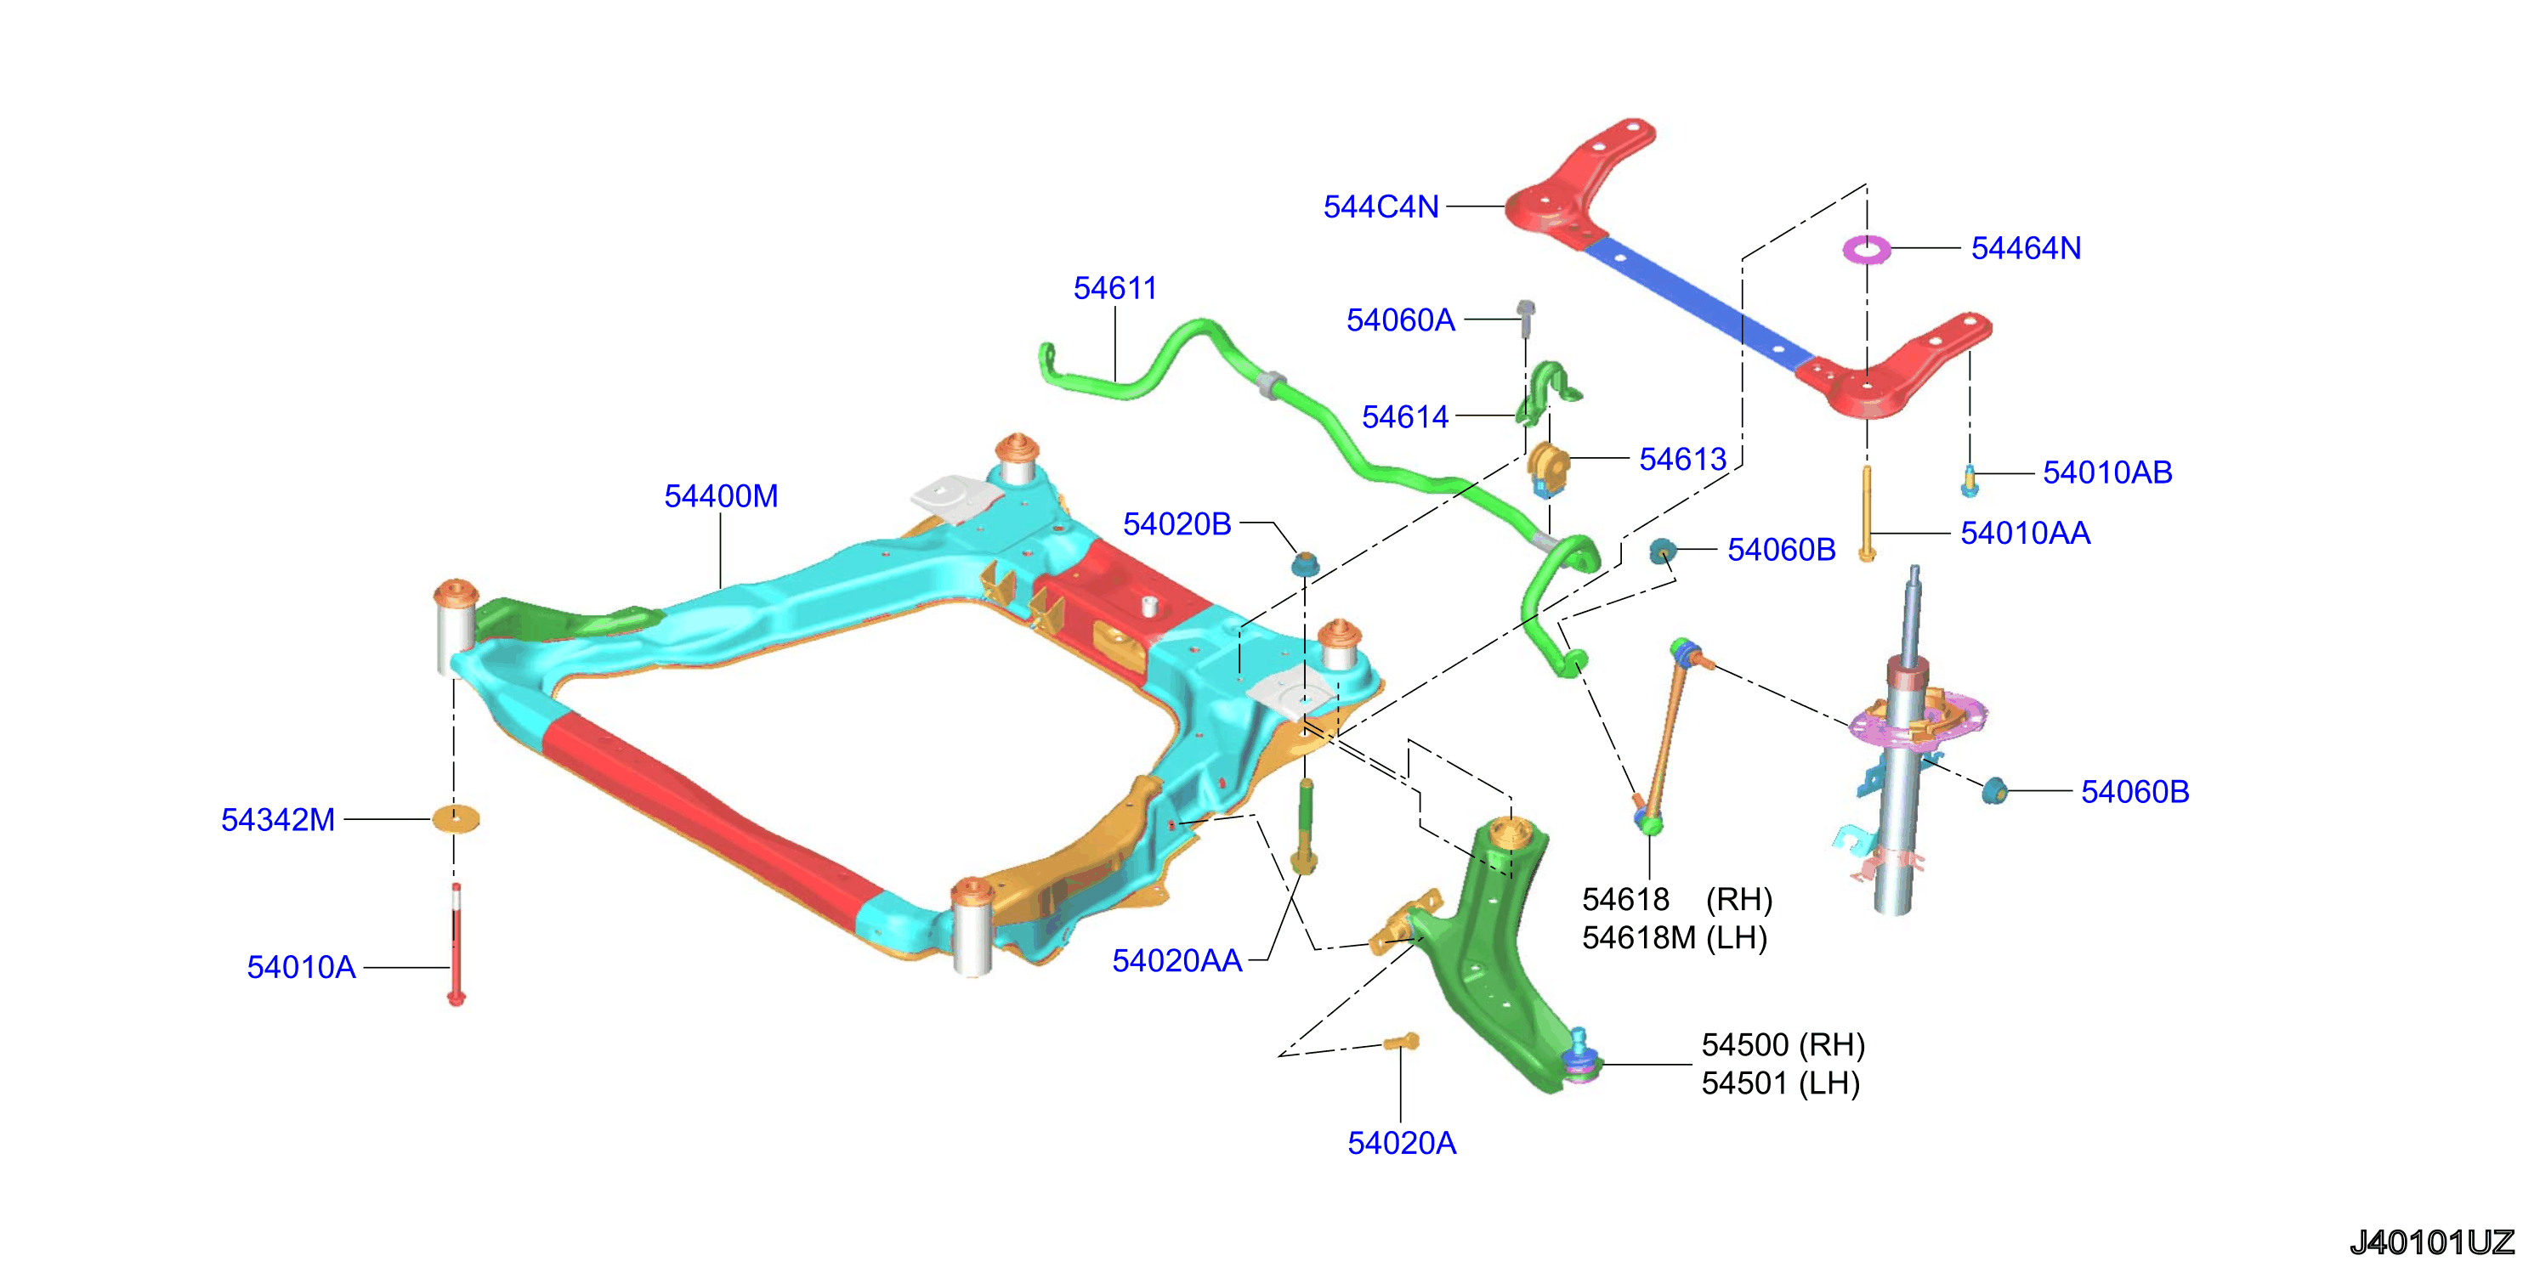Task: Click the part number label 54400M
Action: pos(721,496)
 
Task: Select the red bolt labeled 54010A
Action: pos(456,945)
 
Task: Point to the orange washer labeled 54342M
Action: pos(456,818)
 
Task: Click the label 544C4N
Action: pos(1381,206)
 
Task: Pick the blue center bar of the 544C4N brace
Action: pos(1699,303)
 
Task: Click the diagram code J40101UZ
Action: pos(2432,1241)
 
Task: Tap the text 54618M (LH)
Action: pos(1675,938)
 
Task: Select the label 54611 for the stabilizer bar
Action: pos(1114,288)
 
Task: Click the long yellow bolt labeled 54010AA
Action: pos(1867,513)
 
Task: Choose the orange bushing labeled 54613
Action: pos(1547,467)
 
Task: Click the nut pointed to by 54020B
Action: pos(1305,564)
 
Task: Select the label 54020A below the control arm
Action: pos(1402,1143)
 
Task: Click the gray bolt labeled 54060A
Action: pos(1526,318)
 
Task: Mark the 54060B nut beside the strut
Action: pos(1994,789)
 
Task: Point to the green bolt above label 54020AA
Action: pos(1305,828)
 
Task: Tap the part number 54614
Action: pos(1404,417)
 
